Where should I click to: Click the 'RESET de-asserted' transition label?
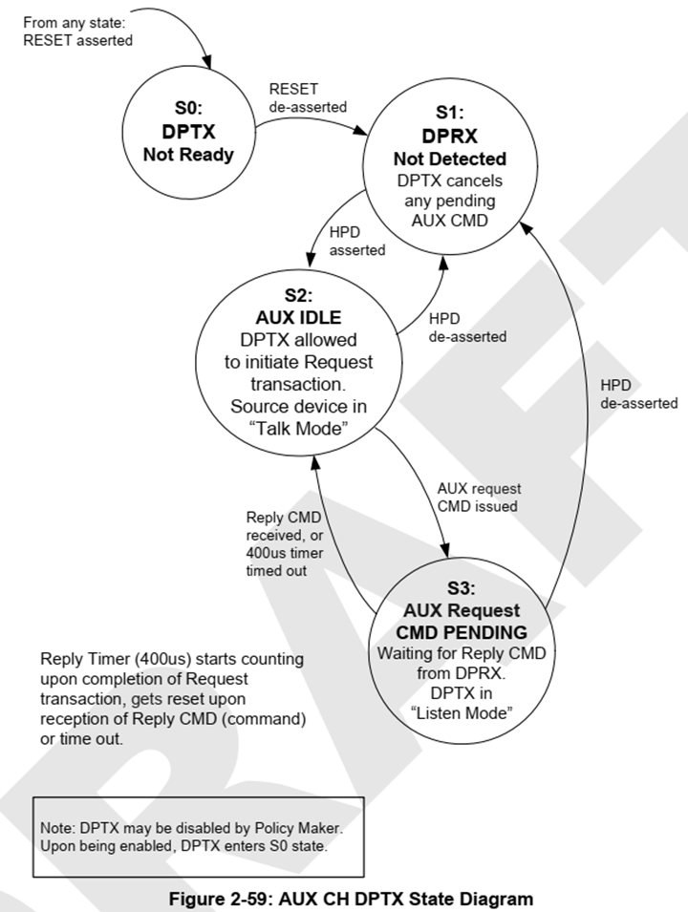click(x=308, y=97)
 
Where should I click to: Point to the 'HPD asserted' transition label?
click(x=356, y=243)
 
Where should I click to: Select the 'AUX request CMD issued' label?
click(x=476, y=498)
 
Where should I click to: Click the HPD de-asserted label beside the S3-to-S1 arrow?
click(x=638, y=393)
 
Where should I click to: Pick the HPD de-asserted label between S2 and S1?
click(x=467, y=328)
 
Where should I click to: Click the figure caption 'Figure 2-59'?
click(x=351, y=898)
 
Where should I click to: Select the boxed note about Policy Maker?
click(x=198, y=831)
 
